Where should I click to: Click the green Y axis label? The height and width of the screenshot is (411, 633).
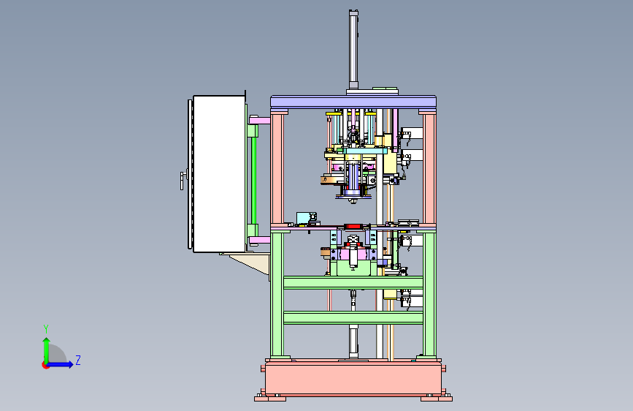point(46,328)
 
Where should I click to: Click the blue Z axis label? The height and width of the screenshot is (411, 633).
point(78,360)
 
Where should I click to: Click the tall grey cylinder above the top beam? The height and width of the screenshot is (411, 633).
point(353,50)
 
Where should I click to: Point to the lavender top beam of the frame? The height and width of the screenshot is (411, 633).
point(353,102)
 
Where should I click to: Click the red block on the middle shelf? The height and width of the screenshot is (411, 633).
point(353,227)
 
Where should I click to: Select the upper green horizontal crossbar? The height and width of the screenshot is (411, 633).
point(353,283)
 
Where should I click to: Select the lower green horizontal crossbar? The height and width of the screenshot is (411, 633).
point(353,318)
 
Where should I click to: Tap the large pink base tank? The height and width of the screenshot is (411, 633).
point(353,379)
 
